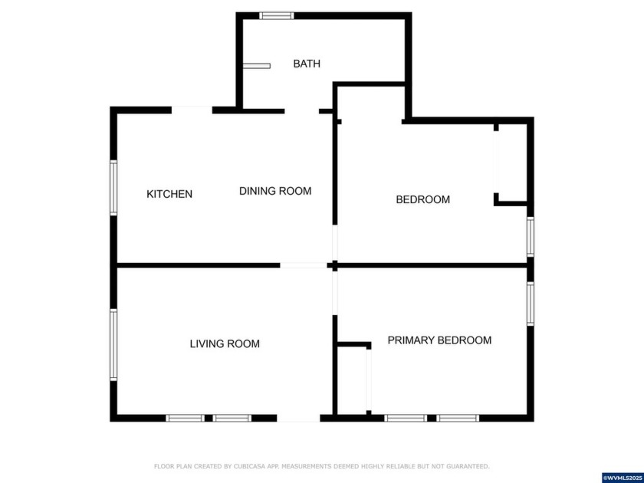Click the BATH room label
pos(307,64)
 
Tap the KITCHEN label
pos(169,194)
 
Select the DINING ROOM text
pos(275,191)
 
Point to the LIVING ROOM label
pos(225,344)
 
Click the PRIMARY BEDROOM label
pos(439,340)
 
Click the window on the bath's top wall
pos(277,15)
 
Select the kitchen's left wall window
pos(113,188)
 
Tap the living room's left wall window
pos(113,345)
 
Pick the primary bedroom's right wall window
pos(530,304)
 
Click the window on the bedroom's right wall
pos(530,237)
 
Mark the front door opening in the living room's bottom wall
pos(298,419)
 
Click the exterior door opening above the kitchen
pos(192,110)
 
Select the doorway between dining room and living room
pos(304,265)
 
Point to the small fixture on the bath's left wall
pos(257,66)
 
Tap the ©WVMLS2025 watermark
pos(621,478)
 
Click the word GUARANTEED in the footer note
pos(469,466)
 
